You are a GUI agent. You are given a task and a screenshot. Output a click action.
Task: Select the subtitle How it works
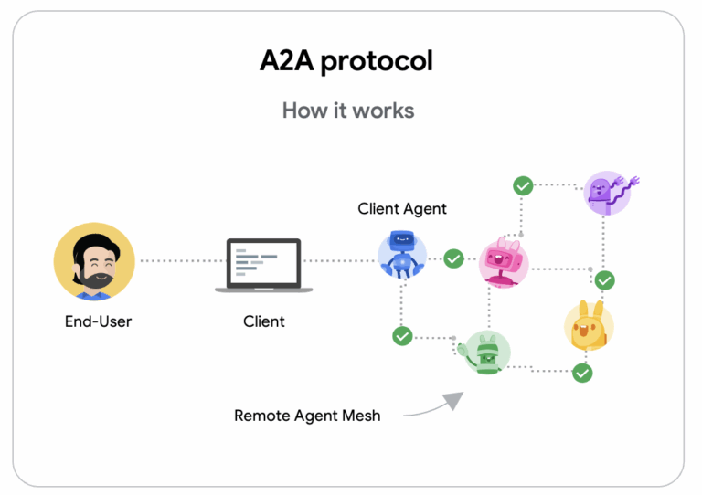tap(347, 111)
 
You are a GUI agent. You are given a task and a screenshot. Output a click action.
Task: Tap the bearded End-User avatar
tap(94, 260)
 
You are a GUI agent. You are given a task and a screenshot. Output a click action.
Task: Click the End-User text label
tap(98, 321)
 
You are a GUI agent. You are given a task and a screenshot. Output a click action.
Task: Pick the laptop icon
tap(263, 265)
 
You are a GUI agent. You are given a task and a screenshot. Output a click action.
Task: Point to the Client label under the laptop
tap(263, 321)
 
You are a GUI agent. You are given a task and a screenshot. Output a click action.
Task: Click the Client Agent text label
tap(402, 208)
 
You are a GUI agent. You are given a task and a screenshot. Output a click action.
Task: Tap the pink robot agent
tap(504, 262)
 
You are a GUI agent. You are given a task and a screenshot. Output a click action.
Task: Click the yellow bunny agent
tap(588, 326)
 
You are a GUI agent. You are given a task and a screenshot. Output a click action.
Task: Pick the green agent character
tap(485, 353)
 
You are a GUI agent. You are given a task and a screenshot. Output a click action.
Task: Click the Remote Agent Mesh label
tap(307, 416)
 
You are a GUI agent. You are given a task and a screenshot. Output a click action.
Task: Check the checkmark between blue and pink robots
tap(453, 259)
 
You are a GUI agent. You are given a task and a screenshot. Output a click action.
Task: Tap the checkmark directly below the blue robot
tap(402, 336)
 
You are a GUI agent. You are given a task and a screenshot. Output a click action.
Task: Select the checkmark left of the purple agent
tap(523, 185)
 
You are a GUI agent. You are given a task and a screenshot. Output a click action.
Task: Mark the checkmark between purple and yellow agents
tap(605, 279)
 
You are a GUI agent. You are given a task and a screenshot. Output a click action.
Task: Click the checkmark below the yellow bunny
tap(582, 373)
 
